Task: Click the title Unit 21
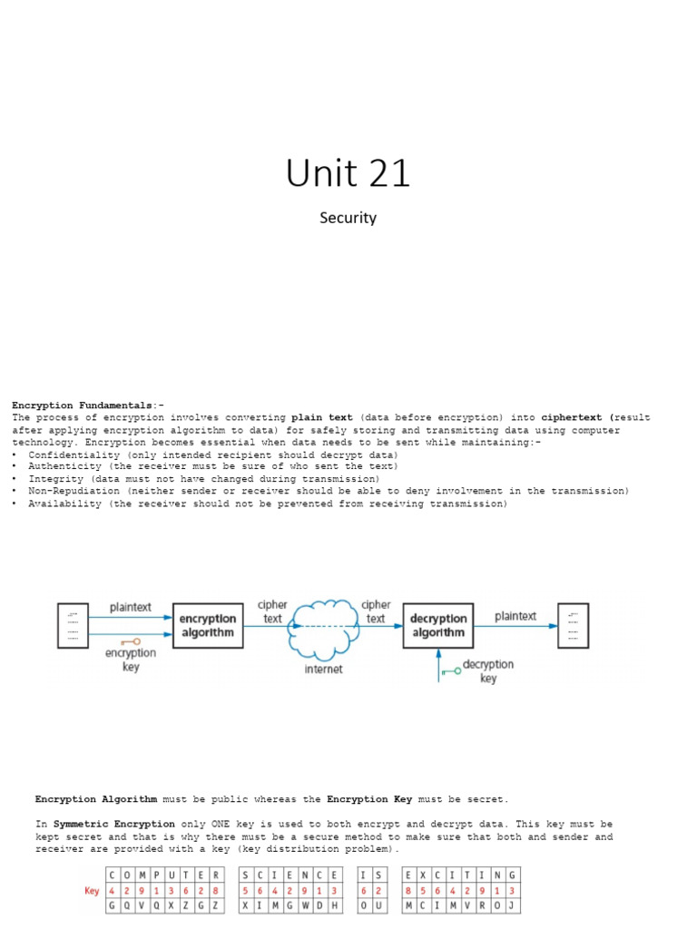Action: click(348, 172)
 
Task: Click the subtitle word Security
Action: click(348, 218)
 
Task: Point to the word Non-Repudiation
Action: click(72, 491)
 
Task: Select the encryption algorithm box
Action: click(207, 625)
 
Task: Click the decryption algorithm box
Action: click(438, 625)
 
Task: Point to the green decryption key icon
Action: click(449, 671)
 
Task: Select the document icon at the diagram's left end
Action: click(74, 624)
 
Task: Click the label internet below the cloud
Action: click(323, 670)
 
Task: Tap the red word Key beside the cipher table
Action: click(92, 891)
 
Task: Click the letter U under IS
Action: click(378, 905)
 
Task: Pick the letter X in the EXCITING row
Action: click(424, 875)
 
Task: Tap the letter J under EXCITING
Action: click(513, 905)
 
